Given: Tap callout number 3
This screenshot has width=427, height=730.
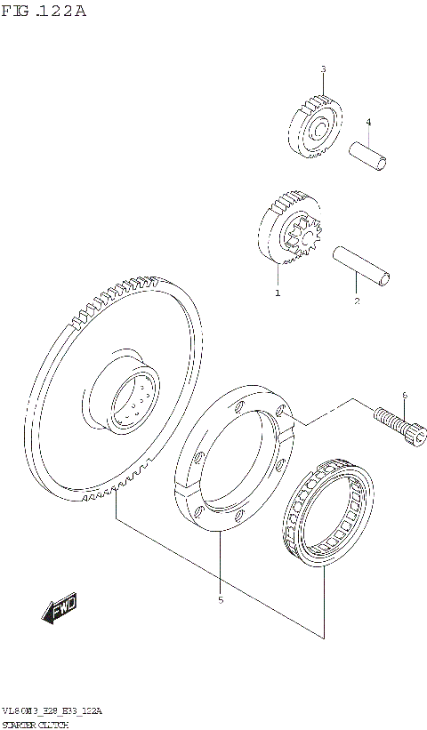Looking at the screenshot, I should tap(323, 68).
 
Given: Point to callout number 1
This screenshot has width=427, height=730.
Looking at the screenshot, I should tap(278, 292).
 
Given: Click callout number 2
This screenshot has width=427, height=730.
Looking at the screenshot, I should tap(357, 301).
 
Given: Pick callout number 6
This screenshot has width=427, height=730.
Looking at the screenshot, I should tap(404, 395).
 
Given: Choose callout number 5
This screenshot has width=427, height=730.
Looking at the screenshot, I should tap(220, 599).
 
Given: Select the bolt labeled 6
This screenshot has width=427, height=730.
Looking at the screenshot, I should tap(396, 421).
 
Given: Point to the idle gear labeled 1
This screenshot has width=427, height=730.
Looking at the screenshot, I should tap(289, 231).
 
